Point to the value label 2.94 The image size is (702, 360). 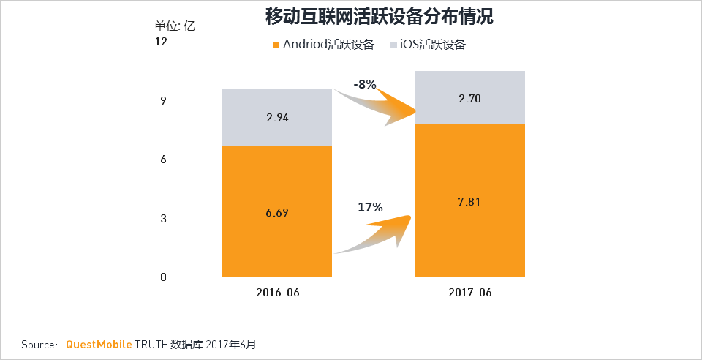tap(277, 118)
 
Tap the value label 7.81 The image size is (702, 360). tap(469, 201)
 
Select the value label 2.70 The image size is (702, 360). tap(469, 98)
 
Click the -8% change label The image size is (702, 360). tap(364, 84)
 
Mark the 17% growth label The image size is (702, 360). tap(370, 207)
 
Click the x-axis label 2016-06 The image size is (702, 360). tap(277, 293)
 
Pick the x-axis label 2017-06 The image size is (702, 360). tap(469, 293)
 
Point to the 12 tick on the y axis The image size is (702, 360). tap(162, 42)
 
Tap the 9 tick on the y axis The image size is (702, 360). tap(164, 100)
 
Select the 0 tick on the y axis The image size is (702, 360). tap(164, 277)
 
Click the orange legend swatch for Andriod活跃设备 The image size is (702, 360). tap(276, 45)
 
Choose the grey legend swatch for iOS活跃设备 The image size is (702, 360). tap(393, 45)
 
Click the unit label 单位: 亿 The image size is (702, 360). tap(175, 26)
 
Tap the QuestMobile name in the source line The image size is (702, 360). tap(99, 344)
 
